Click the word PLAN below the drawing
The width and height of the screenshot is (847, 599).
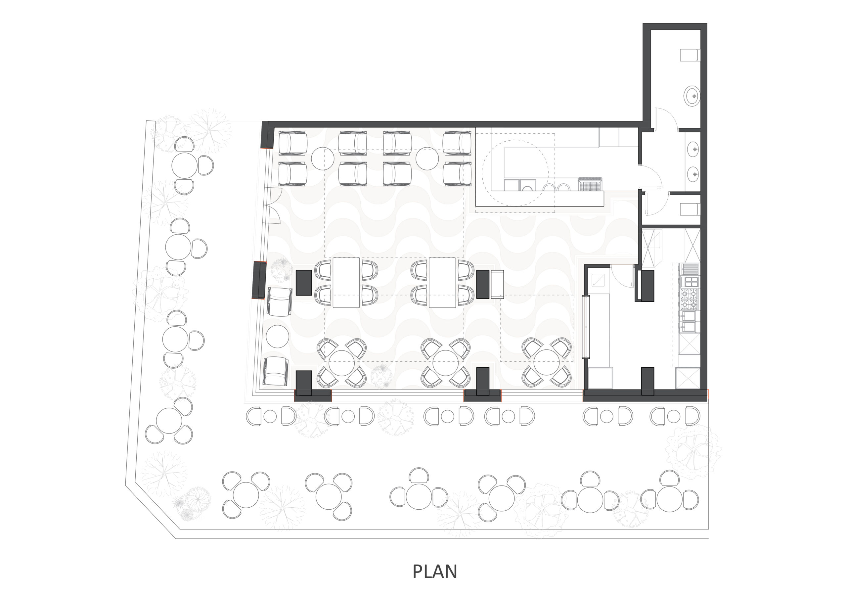(x=434, y=572)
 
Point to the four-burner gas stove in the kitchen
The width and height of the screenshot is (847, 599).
(x=690, y=299)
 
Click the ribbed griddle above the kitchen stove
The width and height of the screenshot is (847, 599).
(x=691, y=269)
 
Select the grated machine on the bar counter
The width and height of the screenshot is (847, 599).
(x=590, y=183)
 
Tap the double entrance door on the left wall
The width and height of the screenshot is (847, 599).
(x=272, y=206)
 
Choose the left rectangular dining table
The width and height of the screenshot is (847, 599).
(x=346, y=283)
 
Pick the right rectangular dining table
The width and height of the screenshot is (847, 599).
(x=442, y=283)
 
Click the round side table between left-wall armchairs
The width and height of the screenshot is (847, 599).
(x=277, y=336)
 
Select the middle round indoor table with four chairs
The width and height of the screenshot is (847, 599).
(x=445, y=363)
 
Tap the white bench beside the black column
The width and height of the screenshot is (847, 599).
(x=497, y=284)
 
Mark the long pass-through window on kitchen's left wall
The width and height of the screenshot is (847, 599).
(x=585, y=327)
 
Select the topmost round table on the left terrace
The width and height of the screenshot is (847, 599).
(x=184, y=166)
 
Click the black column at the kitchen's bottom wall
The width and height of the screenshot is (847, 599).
(x=647, y=381)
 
